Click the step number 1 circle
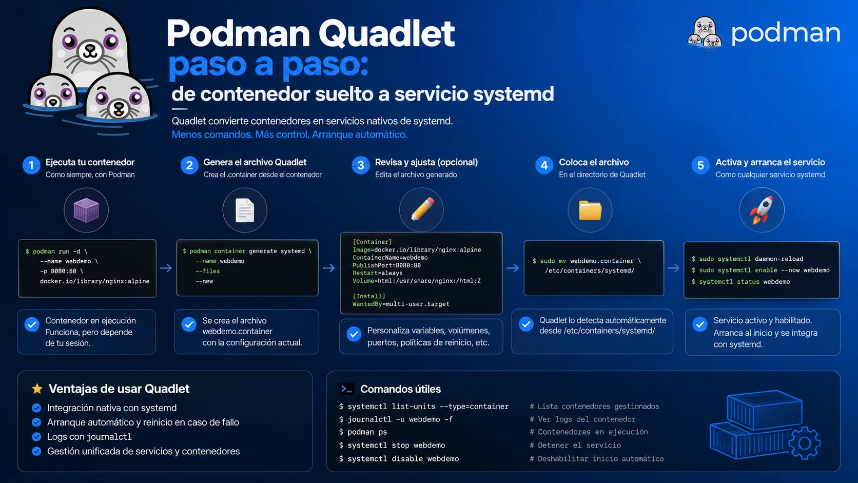pyautogui.click(x=31, y=165)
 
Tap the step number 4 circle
pyautogui.click(x=544, y=165)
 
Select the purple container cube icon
pyautogui.click(x=86, y=210)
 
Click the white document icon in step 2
pyautogui.click(x=245, y=210)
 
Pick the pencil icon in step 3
pyautogui.click(x=422, y=209)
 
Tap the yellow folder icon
pyautogui.click(x=590, y=210)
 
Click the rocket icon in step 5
pyautogui.click(x=762, y=210)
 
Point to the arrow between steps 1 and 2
pyautogui.click(x=166, y=268)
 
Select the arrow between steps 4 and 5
pyautogui.click(x=674, y=268)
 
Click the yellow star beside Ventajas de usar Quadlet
pyautogui.click(x=37, y=389)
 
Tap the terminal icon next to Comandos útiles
pyautogui.click(x=347, y=389)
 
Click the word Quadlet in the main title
pyautogui.click(x=387, y=34)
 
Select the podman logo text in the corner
pyautogui.click(x=786, y=34)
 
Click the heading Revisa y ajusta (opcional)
pyautogui.click(x=426, y=162)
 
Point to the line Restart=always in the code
pyautogui.click(x=377, y=273)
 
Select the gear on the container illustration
pyautogui.click(x=805, y=443)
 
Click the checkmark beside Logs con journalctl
pyautogui.click(x=37, y=437)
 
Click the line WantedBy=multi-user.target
pyautogui.click(x=401, y=304)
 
